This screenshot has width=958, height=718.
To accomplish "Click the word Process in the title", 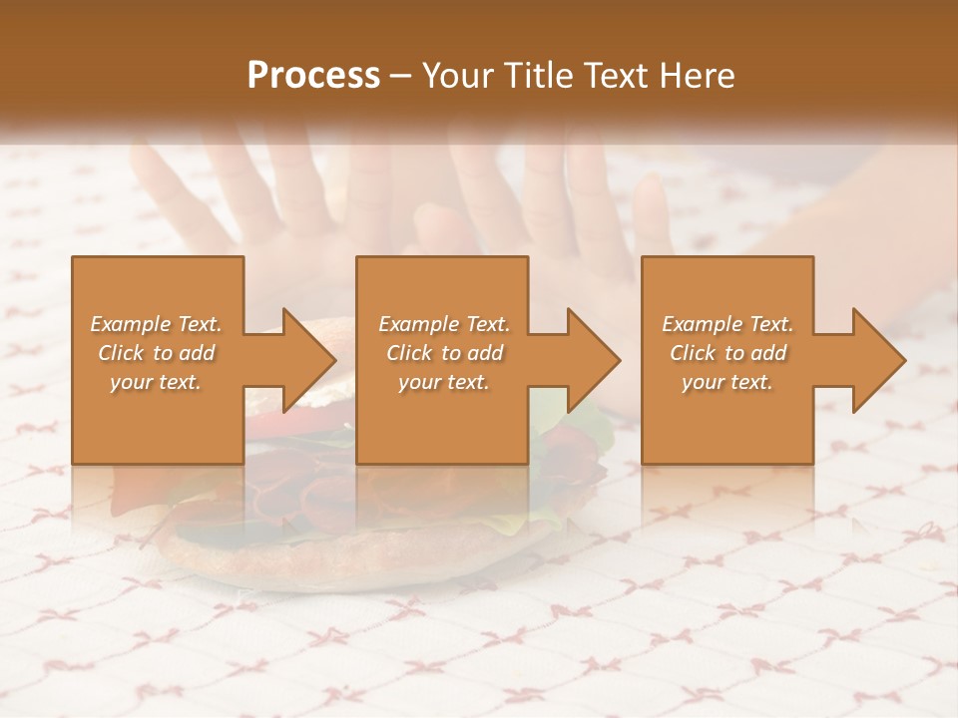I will click(x=313, y=76).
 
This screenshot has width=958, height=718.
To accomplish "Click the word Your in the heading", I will click(x=453, y=76).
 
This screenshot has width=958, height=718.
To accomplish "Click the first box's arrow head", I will click(x=305, y=360).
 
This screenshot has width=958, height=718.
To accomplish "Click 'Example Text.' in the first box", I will click(x=157, y=324).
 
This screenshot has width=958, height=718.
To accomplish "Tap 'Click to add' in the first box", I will click(x=157, y=353).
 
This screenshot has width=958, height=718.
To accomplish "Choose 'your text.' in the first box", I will click(x=157, y=382).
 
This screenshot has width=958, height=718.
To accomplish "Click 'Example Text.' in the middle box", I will click(x=443, y=324).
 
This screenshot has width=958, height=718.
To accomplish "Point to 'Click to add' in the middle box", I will click(x=443, y=353).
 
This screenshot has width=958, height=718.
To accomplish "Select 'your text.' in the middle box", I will click(x=443, y=382).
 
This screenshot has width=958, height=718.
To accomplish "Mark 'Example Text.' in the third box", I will click(x=727, y=324).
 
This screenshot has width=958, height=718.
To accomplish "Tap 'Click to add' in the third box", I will click(x=727, y=353).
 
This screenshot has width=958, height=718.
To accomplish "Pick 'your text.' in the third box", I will click(x=727, y=382).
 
